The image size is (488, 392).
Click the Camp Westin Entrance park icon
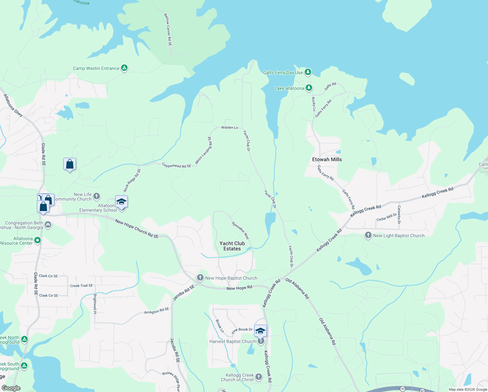click(124, 68)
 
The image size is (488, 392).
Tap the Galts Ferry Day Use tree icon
click(308, 72)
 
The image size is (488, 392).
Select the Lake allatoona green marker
click(309, 88)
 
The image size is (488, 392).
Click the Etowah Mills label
click(327, 159)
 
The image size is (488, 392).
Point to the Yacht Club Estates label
click(232, 246)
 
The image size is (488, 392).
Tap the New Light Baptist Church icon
click(368, 235)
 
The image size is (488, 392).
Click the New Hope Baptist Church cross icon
click(200, 278)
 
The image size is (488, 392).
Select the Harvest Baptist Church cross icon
click(261, 341)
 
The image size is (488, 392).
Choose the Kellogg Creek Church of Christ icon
click(258, 377)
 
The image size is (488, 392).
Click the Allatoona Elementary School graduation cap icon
click(121, 202)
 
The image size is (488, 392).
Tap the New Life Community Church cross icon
click(96, 196)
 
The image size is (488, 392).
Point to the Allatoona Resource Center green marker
click(38, 240)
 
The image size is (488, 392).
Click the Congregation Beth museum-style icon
click(48, 224)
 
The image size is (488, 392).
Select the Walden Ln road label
click(229, 127)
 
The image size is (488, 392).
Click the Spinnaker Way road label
click(240, 230)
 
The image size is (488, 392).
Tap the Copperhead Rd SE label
click(176, 166)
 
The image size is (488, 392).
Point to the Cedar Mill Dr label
click(387, 217)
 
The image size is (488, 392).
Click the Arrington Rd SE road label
click(157, 311)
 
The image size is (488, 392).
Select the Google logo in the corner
click(11, 388)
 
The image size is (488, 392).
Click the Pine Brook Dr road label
click(242, 331)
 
